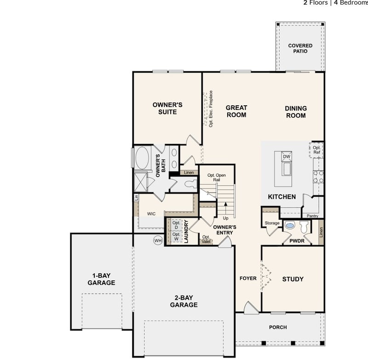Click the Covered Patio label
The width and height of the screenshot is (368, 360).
300,48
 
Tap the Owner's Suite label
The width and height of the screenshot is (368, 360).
167,108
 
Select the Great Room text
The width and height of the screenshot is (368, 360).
236,111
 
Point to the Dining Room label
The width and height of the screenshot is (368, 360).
296,112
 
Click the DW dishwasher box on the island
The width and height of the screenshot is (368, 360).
287,157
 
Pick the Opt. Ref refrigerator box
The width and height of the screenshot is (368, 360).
317,150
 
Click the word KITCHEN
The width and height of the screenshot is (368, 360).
282,197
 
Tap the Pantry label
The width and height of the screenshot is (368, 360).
312,216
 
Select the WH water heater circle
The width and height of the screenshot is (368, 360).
158,240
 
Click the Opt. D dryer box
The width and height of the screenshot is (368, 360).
176,225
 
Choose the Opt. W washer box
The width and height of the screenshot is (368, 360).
176,236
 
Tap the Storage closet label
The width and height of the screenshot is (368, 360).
272,223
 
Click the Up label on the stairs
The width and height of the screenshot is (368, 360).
225,218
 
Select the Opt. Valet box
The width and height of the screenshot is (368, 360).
206,240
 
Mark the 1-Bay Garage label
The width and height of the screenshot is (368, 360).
101,280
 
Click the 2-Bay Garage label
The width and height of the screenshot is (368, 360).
184,301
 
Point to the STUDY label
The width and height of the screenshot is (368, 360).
293,279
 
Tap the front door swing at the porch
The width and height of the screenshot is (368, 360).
251,308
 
